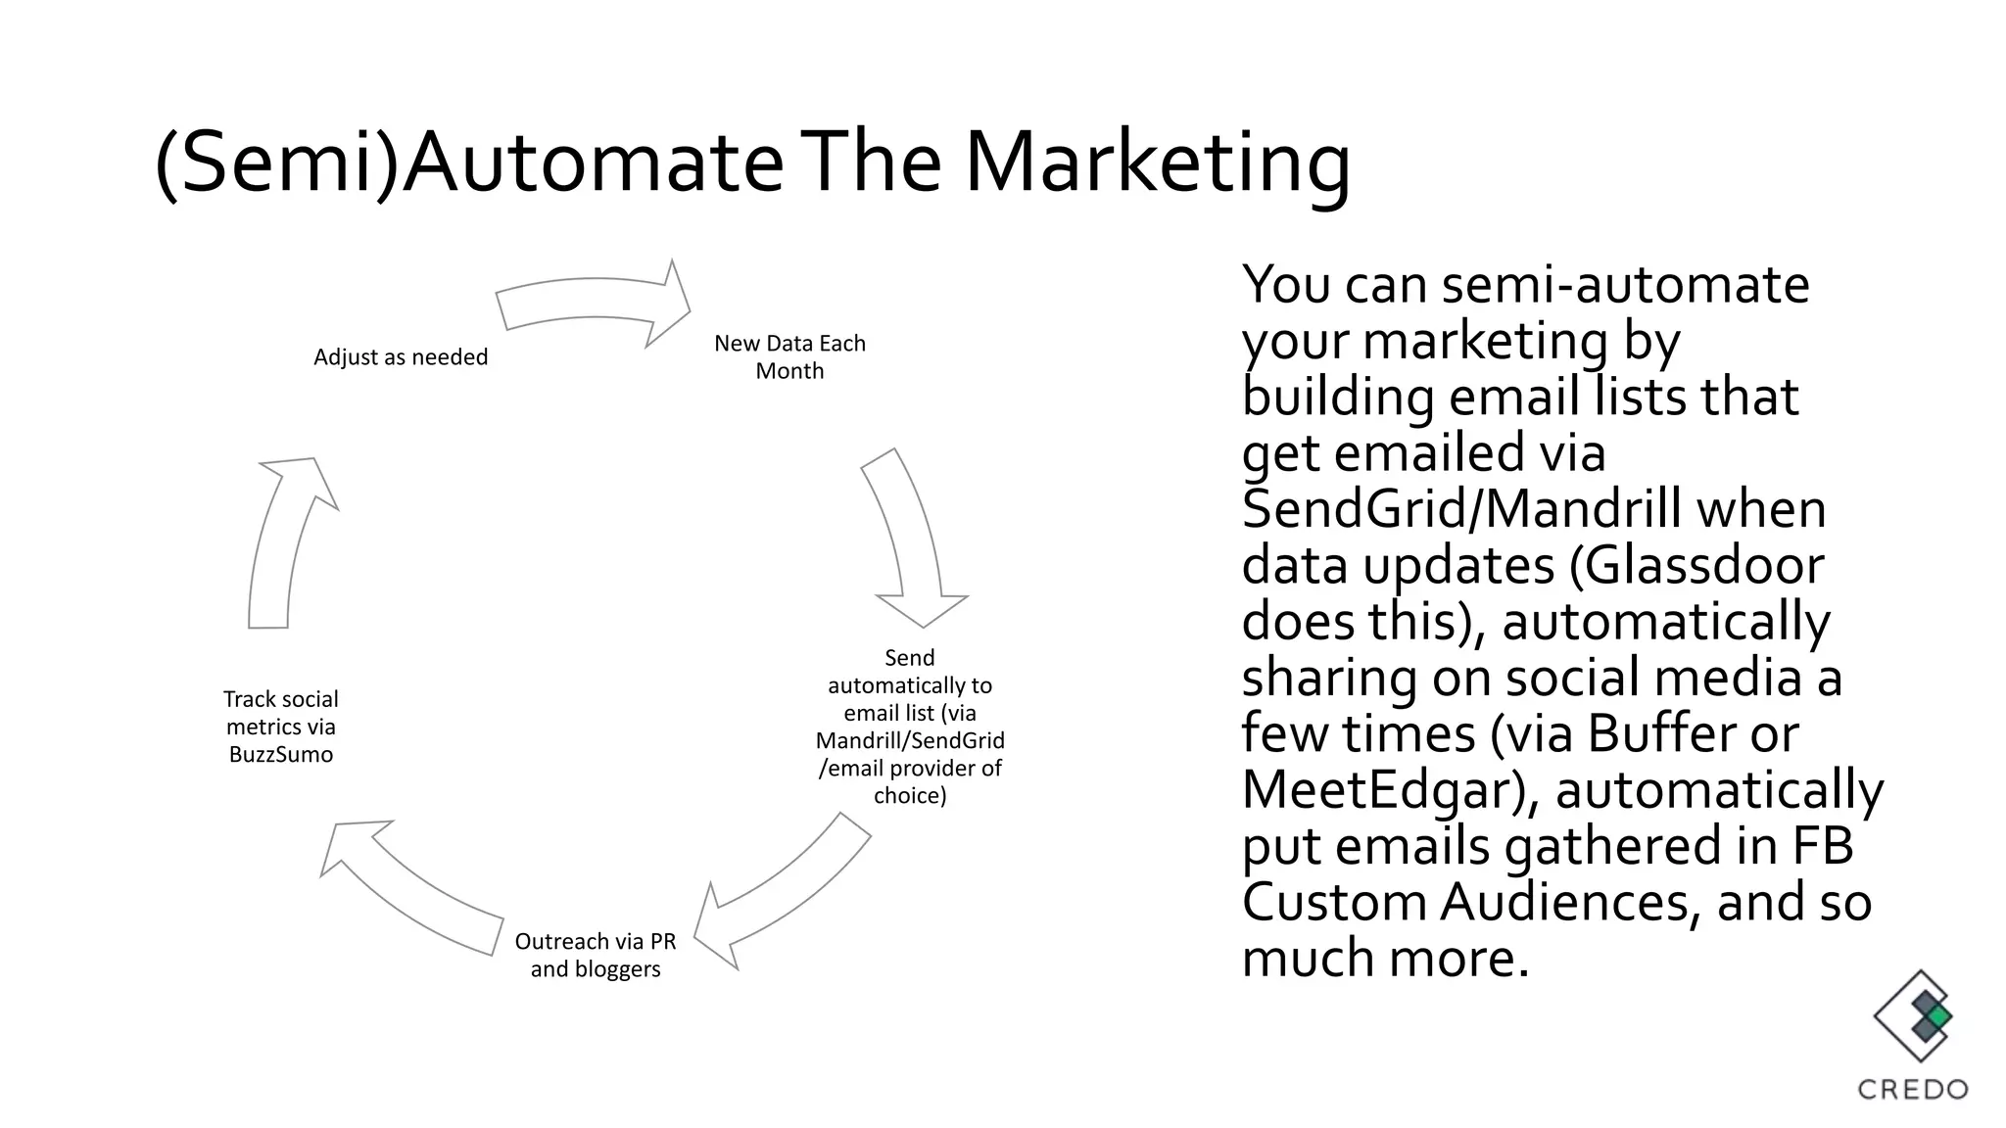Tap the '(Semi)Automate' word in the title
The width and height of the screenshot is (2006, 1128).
468,164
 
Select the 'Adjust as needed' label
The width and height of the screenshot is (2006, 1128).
401,357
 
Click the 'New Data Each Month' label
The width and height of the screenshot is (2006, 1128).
789,357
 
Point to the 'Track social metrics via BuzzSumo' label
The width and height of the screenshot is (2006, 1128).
281,727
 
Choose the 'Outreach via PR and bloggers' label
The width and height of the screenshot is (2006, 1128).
596,955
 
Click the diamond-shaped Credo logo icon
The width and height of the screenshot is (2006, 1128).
1913,1017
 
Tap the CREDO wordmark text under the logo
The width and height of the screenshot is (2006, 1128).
1913,1089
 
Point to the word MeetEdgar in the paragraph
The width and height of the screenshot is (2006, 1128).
1380,790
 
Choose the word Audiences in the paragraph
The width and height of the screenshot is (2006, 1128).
1564,903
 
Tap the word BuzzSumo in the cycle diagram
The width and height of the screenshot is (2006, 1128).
281,755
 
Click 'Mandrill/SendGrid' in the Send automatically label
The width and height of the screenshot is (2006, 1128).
910,740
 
